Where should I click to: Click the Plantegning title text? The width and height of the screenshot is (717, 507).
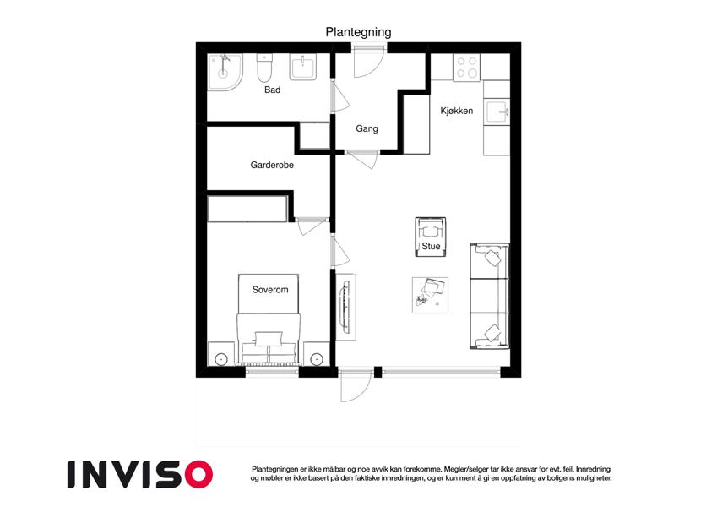(358, 32)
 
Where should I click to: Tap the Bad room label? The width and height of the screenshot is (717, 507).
(272, 90)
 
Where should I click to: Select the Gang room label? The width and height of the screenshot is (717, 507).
(367, 128)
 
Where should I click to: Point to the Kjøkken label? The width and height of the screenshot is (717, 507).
(456, 111)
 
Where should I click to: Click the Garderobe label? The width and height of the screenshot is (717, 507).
(272, 165)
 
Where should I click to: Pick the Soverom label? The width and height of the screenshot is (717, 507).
(270, 290)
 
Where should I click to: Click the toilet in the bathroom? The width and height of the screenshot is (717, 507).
(264, 68)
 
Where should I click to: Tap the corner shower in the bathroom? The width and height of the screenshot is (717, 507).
(225, 72)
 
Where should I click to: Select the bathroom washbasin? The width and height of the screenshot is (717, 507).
(302, 68)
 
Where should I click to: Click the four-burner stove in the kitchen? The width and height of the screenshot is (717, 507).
(467, 68)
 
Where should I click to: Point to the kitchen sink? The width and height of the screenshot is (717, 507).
(497, 112)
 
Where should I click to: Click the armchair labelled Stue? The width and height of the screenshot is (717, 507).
(431, 237)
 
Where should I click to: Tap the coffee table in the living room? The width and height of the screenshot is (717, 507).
(430, 295)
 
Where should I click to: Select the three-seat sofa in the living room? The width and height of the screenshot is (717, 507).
(489, 296)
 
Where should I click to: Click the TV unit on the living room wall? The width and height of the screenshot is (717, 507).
(346, 307)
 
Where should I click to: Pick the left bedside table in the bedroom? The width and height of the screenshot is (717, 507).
(221, 354)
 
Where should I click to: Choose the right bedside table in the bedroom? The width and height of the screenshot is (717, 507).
(317, 354)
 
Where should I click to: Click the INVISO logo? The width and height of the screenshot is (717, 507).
(140, 474)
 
